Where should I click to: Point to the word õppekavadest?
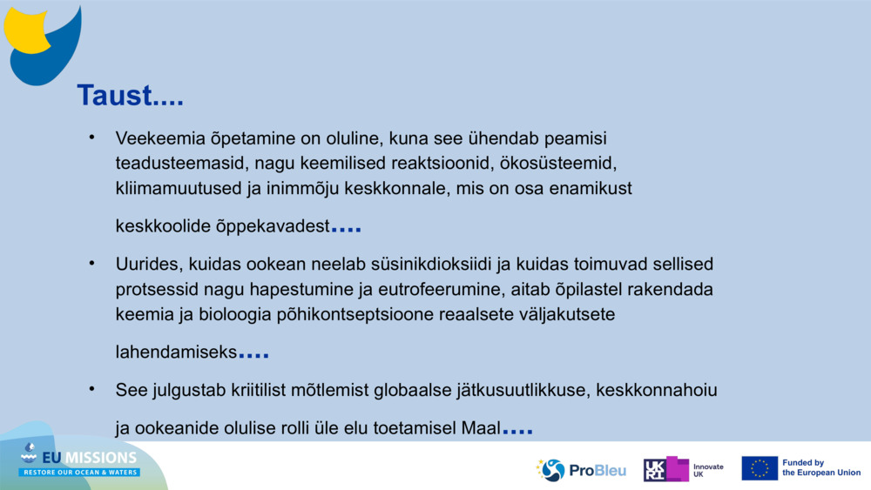[x=276, y=226]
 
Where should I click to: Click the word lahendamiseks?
[x=176, y=352]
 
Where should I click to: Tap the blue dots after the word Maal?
[x=517, y=432]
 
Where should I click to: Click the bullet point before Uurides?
[x=91, y=262]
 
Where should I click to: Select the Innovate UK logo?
[x=683, y=470]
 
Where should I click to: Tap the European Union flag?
[x=760, y=468]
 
